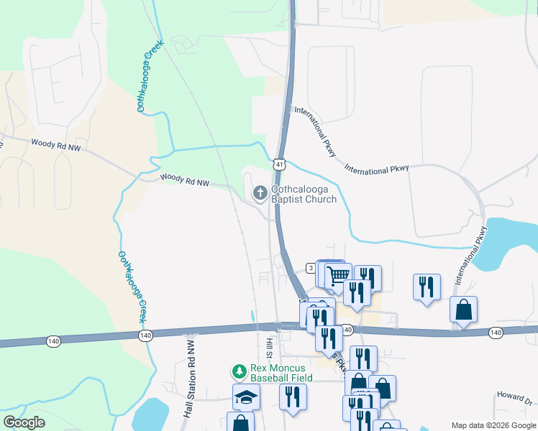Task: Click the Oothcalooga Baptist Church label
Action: tap(303, 195)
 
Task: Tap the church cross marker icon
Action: tap(259, 192)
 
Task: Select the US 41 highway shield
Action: tap(278, 164)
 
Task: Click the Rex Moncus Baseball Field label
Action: tap(281, 372)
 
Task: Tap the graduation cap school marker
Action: tap(246, 396)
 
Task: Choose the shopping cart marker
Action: tap(338, 274)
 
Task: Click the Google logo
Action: tap(24, 422)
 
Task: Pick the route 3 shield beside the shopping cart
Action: tap(311, 267)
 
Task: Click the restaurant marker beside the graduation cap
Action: tap(293, 396)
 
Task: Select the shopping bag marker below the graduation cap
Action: tap(240, 424)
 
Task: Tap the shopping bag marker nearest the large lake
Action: tap(464, 310)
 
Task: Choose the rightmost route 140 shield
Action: tap(495, 332)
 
